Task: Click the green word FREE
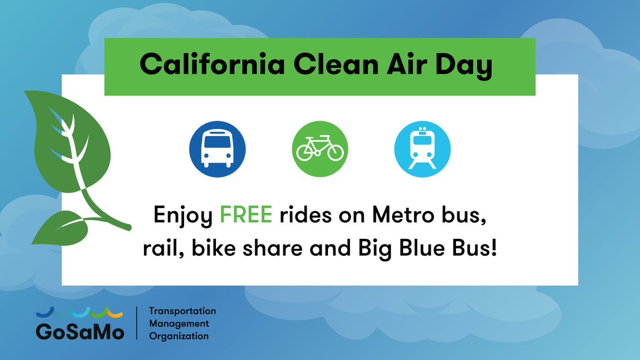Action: pos(247,217)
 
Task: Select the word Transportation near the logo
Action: pos(182,311)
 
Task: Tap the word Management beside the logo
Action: pos(179,324)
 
